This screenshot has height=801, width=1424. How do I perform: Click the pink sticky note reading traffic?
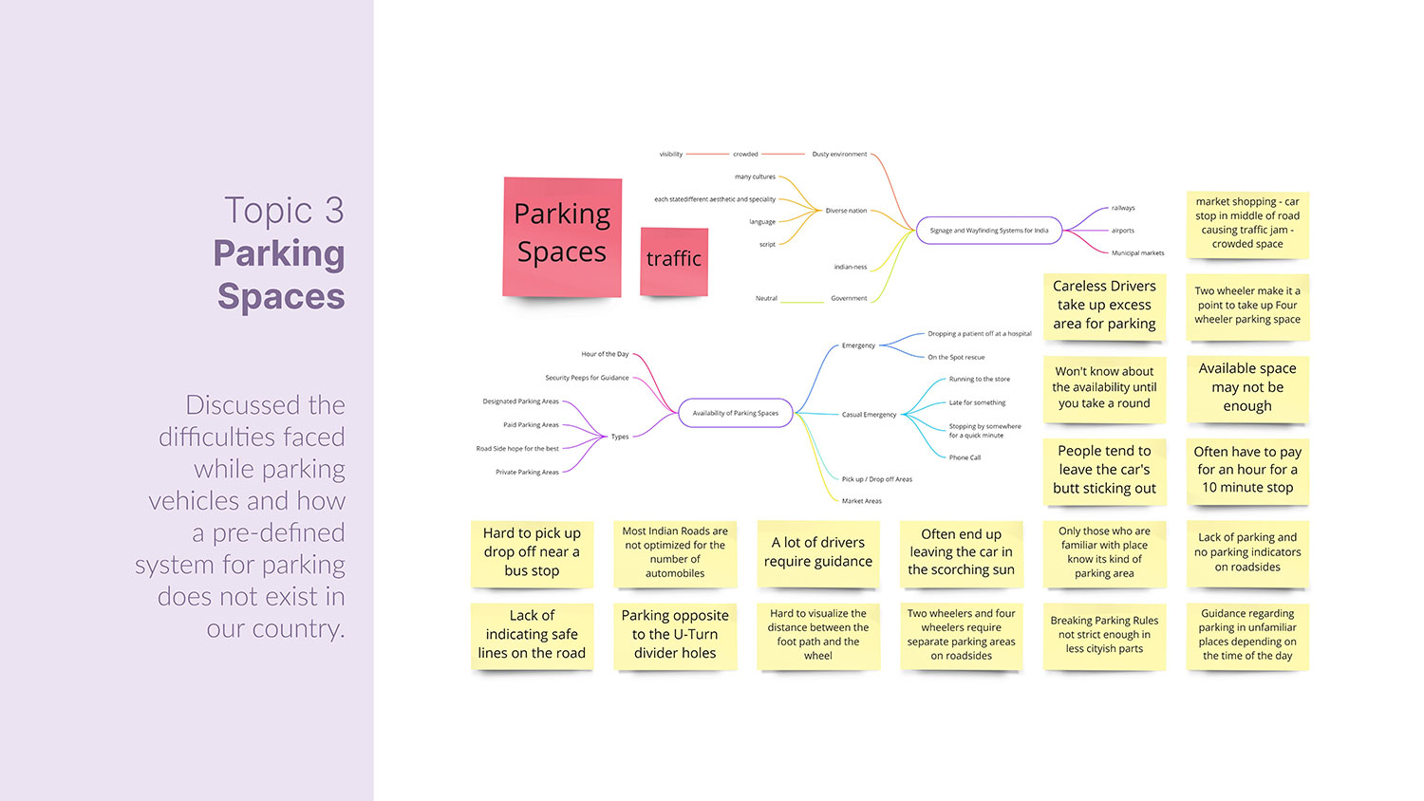(674, 260)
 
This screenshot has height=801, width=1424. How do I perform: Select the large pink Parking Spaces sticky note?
(562, 235)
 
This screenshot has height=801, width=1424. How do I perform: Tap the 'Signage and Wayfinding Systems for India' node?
(988, 231)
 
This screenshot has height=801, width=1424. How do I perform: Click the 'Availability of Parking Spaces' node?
(736, 413)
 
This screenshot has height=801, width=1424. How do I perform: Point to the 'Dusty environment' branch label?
(839, 154)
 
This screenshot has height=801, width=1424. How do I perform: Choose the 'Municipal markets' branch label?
(1137, 253)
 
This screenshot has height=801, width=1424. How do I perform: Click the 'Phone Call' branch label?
(965, 457)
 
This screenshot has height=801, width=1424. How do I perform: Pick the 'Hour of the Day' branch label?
(605, 354)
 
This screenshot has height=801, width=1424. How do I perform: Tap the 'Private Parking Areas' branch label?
(527, 472)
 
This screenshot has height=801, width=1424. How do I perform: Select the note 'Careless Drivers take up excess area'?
(1104, 305)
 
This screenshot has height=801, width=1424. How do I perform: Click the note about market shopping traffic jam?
(1247, 223)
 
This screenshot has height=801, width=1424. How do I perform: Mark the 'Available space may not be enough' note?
(1247, 387)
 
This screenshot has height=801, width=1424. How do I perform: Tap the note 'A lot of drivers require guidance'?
(817, 552)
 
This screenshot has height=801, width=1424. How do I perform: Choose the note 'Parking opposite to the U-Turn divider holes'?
(675, 634)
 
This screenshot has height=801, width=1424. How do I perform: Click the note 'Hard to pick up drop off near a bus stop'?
(532, 552)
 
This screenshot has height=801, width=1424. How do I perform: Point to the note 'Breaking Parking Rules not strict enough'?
(1104, 635)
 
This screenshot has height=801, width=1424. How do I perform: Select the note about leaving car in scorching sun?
(961, 552)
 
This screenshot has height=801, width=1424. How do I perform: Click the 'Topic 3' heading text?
(284, 211)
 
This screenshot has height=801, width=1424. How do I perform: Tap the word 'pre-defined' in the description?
(278, 533)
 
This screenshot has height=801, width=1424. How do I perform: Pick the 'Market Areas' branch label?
(861, 501)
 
